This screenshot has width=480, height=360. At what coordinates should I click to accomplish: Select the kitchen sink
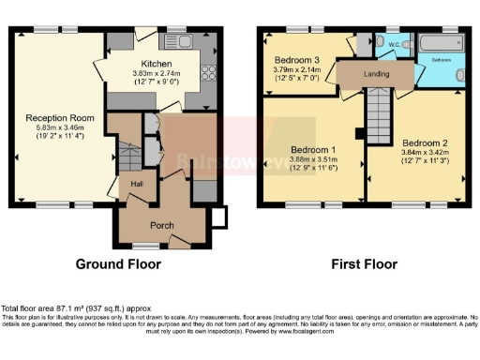pos(177,41)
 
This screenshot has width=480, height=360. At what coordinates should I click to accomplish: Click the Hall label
pos(137,185)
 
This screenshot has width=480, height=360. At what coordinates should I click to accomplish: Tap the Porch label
pos(162,225)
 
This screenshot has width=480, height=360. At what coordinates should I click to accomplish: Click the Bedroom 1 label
pos(310,149)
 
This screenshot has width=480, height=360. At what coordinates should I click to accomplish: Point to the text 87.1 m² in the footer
pos(67,307)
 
